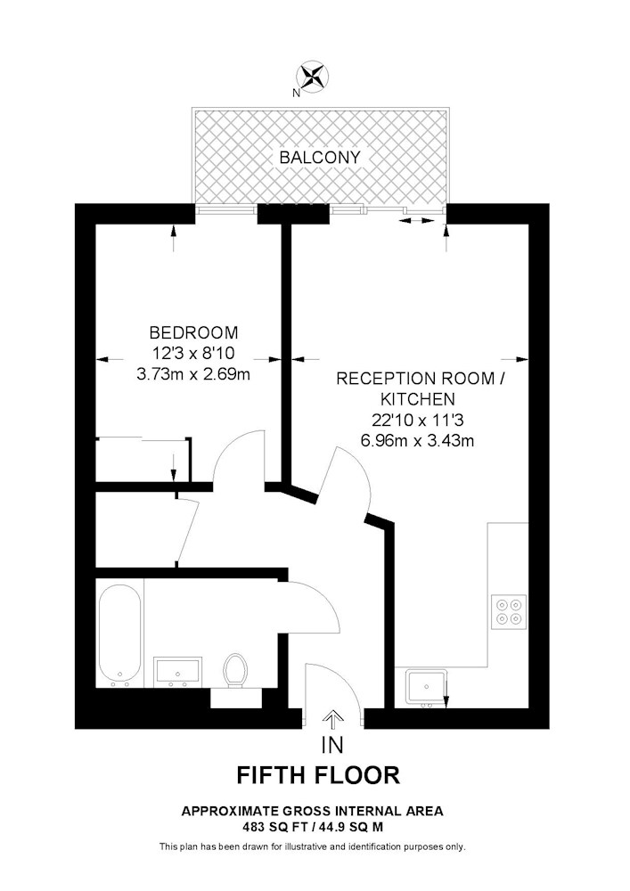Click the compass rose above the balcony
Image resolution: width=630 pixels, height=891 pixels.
[x=313, y=76]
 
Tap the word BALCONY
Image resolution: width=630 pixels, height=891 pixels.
[x=320, y=158]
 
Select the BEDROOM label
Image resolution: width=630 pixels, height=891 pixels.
[x=193, y=332]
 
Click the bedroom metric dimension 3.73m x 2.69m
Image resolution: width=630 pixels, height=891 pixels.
[x=193, y=374]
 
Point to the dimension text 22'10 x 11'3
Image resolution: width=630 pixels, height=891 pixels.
[x=418, y=420]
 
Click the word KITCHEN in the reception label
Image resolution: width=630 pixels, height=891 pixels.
[x=418, y=399]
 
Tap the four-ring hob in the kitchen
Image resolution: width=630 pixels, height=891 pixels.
[x=509, y=611]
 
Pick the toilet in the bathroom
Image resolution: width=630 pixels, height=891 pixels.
[x=235, y=671]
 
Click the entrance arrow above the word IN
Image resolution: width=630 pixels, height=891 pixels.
[x=332, y=720]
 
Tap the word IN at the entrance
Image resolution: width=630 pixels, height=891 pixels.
[x=332, y=745]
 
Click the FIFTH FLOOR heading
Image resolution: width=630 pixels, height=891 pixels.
[x=318, y=776]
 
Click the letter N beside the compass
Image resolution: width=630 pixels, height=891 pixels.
[x=296, y=93]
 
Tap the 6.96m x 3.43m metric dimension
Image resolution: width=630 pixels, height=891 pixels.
[x=418, y=440]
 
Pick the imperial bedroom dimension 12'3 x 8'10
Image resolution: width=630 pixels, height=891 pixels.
[x=193, y=354]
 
